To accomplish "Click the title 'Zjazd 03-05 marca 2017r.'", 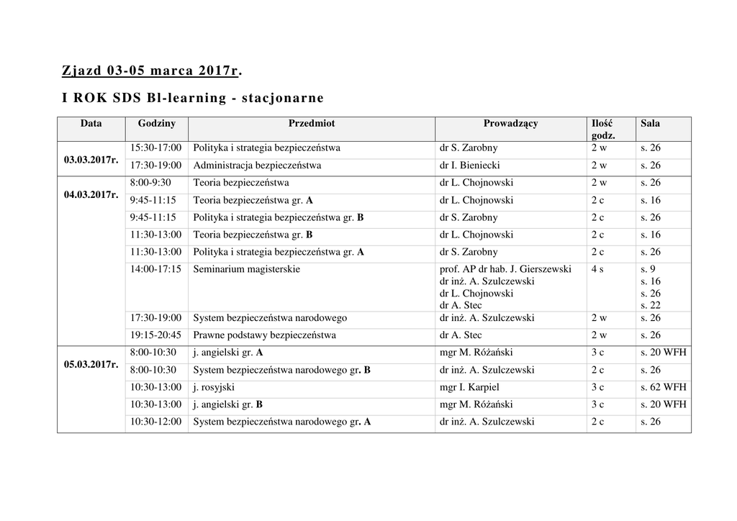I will tap(151, 71).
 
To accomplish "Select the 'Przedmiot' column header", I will tap(311, 124).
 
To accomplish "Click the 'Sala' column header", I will tap(650, 124).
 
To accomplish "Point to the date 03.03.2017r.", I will tap(91, 159).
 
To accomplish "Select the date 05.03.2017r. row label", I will tap(91, 364).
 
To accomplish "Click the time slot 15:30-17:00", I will tap(155, 148).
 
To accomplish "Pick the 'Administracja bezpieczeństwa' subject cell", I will tap(257, 166).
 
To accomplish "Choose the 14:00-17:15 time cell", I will tap(155, 269).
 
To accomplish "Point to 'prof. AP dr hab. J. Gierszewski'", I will tap(505, 269).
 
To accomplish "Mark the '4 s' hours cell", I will tap(597, 269).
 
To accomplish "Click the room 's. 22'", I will tap(651, 306).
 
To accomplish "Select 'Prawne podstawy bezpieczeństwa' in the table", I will tap(264, 335).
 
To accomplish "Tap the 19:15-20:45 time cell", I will tap(155, 335).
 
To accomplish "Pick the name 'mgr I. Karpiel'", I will tap(469, 387).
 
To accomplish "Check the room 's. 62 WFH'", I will tap(664, 387).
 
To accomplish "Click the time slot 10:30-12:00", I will tap(155, 422).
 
